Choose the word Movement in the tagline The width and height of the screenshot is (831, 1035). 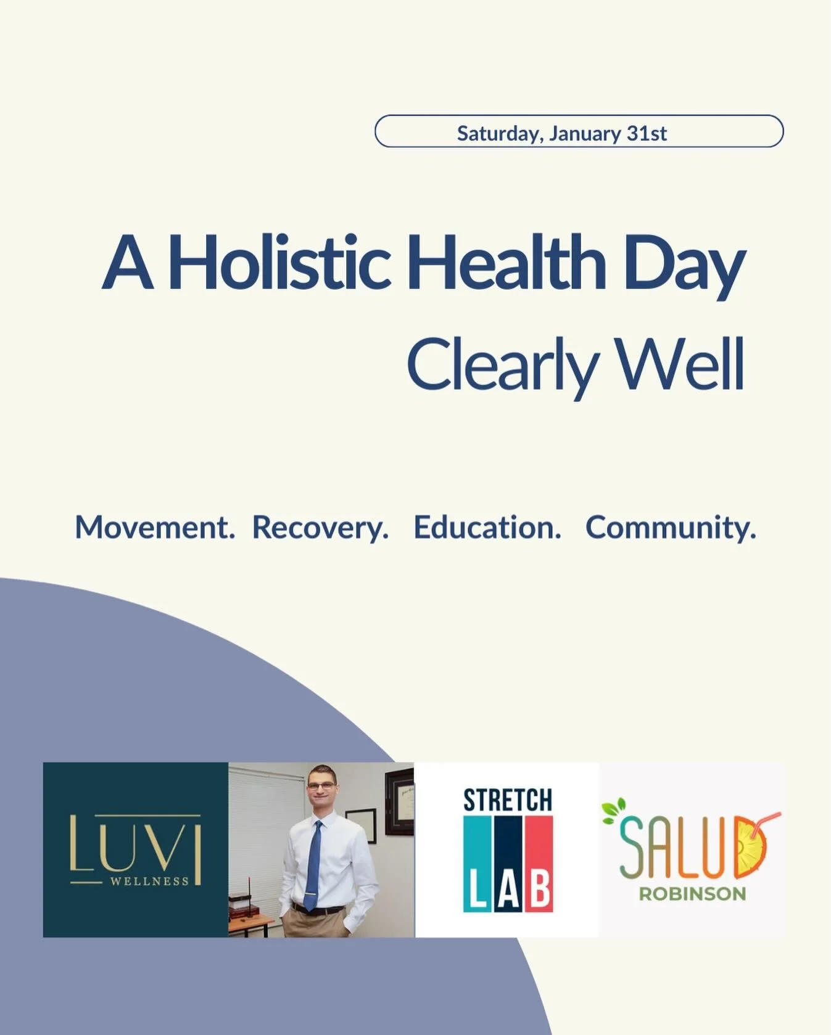(154, 528)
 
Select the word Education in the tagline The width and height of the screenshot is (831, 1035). (487, 528)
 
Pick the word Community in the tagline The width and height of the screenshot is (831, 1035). (670, 528)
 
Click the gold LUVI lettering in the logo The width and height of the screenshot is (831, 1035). (135, 843)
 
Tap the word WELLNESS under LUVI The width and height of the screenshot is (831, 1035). (149, 882)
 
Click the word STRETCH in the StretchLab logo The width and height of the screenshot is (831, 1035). (507, 801)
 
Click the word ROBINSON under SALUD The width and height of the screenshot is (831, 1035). (692, 894)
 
